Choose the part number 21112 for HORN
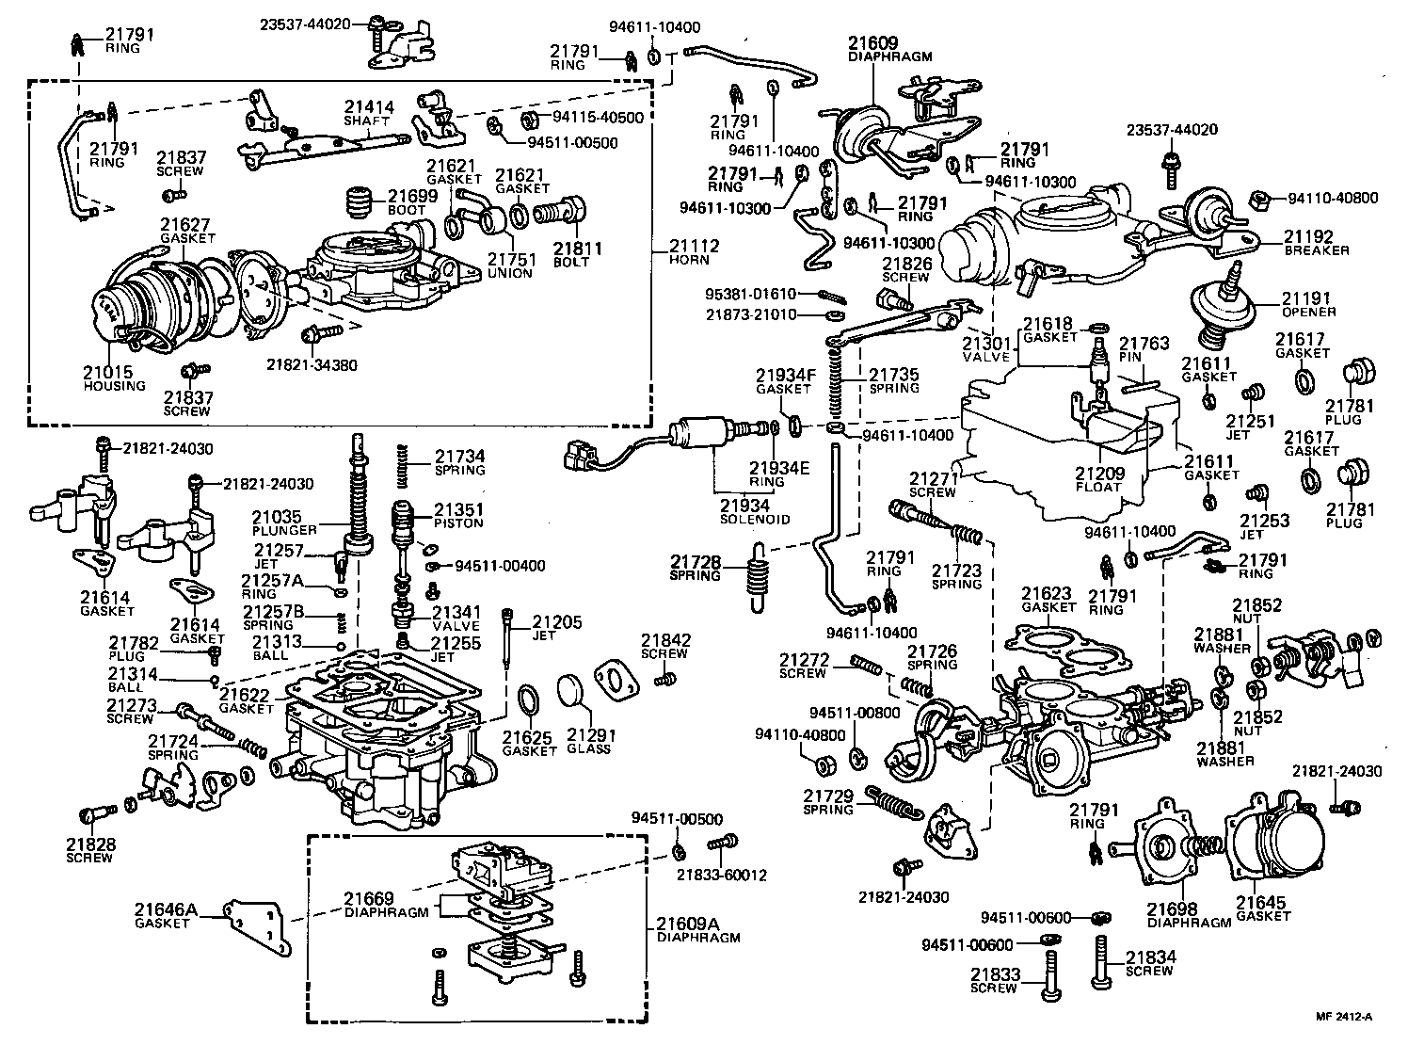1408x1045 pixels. tap(694, 247)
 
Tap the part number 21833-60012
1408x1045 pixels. tap(721, 875)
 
